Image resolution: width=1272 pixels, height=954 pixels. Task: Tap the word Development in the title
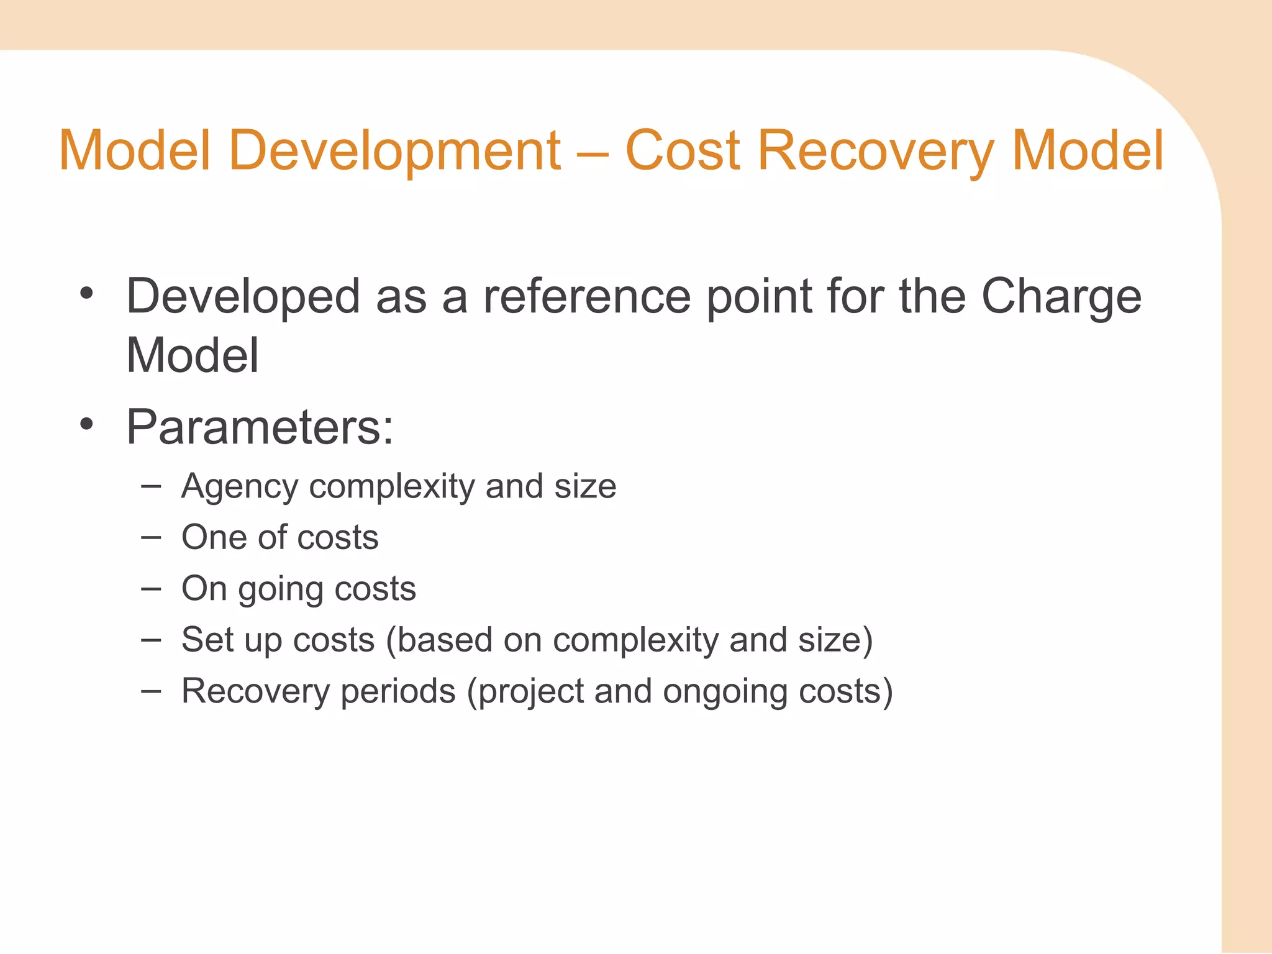click(x=395, y=151)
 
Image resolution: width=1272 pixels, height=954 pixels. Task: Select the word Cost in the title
click(x=683, y=151)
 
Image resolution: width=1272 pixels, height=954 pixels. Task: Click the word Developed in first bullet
click(x=243, y=298)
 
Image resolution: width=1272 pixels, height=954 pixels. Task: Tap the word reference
click(x=587, y=296)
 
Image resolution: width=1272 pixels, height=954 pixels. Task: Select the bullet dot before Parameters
click(x=86, y=425)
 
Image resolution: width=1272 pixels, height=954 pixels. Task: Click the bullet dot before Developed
click(x=86, y=293)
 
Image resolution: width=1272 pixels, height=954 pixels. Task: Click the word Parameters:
click(x=260, y=427)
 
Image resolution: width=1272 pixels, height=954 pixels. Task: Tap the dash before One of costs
click(x=151, y=537)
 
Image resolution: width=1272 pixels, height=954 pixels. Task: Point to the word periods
click(x=397, y=691)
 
